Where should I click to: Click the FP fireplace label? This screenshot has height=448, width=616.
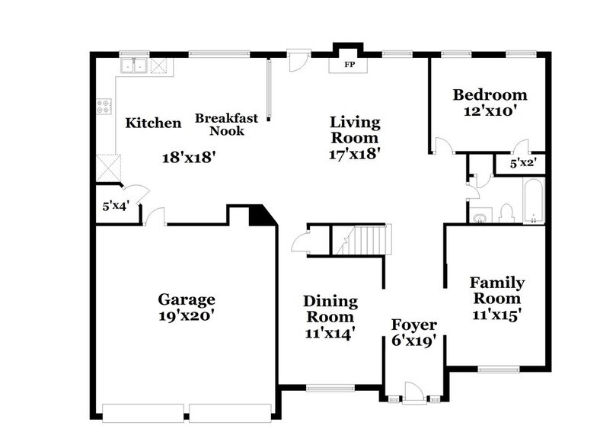[x=349, y=65]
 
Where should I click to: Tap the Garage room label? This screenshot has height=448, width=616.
[x=186, y=299]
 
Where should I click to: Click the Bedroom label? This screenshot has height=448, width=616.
[x=490, y=95]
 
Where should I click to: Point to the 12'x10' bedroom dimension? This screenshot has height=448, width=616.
[x=490, y=110]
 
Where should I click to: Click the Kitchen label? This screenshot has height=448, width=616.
[x=153, y=123]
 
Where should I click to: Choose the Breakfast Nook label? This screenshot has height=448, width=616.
[x=226, y=124]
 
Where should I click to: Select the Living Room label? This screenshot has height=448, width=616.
[x=354, y=130]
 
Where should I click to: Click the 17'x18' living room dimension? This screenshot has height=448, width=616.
[x=354, y=154]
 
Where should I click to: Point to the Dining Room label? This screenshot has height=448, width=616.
[x=330, y=309]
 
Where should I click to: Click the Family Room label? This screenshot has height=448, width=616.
[x=496, y=290]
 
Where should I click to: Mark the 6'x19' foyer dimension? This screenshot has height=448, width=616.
[x=413, y=341]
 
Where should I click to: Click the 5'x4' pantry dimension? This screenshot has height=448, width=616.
[x=116, y=206]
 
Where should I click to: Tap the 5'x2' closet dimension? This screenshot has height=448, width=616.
[x=522, y=163]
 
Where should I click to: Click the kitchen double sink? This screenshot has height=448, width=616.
[x=138, y=66]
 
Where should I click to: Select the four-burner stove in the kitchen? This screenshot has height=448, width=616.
[x=104, y=107]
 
